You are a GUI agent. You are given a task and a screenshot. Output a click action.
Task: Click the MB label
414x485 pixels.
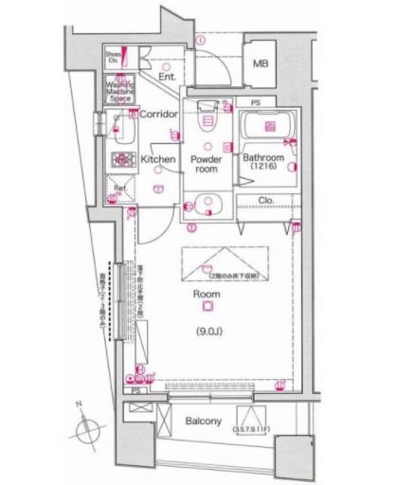tap(259, 64)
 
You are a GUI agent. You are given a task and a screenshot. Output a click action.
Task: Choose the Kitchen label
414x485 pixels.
tap(158, 160)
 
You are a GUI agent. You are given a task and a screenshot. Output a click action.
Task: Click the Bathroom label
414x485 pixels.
tap(263, 158)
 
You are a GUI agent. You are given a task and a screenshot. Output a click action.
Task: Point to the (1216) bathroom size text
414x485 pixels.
tap(264, 169)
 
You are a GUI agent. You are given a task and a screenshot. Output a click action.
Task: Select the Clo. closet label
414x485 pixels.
tap(266, 200)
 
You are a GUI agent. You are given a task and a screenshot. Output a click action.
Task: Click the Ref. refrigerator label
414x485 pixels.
tap(120, 189)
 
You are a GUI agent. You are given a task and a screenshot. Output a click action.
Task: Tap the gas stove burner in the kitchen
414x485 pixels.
tap(120, 160)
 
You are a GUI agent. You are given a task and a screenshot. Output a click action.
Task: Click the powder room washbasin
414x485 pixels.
tap(207, 203)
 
